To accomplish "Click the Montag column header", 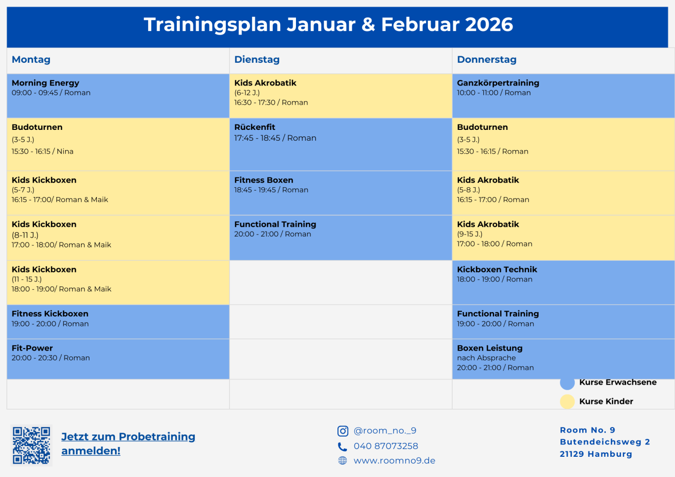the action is tap(31, 59).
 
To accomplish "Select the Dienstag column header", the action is tap(257, 59).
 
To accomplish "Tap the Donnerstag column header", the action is tap(487, 59).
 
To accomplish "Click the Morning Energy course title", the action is tap(45, 83).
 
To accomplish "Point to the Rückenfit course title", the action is tap(254, 127).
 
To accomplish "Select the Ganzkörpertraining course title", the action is tap(498, 83).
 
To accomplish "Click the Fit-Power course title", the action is tap(32, 348).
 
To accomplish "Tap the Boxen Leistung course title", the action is tap(490, 348).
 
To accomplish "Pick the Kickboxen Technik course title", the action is tap(497, 270).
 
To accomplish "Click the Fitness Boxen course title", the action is tap(264, 180).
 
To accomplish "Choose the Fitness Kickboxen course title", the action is tap(50, 314).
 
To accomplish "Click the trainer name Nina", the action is tap(65, 151).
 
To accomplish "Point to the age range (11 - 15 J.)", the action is tap(27, 279).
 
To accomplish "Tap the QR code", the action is tap(31, 445).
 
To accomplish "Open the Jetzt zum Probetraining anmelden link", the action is tap(128, 443).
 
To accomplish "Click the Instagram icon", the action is tap(342, 431).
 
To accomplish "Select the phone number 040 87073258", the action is tap(386, 446).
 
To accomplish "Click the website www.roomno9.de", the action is tap(394, 461).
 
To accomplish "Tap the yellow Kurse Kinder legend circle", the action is tap(567, 401).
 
